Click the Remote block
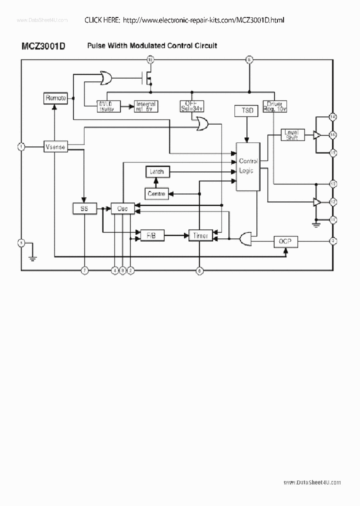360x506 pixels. click(x=55, y=98)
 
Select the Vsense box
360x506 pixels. click(x=55, y=147)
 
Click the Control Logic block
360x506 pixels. click(x=247, y=166)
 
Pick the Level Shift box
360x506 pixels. click(x=291, y=135)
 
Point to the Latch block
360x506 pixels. click(x=157, y=171)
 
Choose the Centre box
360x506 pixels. click(x=157, y=193)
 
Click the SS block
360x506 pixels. click(x=84, y=208)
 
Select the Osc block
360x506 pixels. click(x=122, y=208)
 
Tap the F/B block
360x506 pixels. click(x=151, y=235)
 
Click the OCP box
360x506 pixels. click(x=286, y=241)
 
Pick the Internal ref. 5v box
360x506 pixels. click(x=146, y=106)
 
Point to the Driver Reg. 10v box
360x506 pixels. click(x=274, y=106)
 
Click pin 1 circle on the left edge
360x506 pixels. click(x=21, y=147)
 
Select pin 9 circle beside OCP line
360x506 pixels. click(x=332, y=241)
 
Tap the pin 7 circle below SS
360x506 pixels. click(x=84, y=270)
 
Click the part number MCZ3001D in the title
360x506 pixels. click(x=43, y=46)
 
